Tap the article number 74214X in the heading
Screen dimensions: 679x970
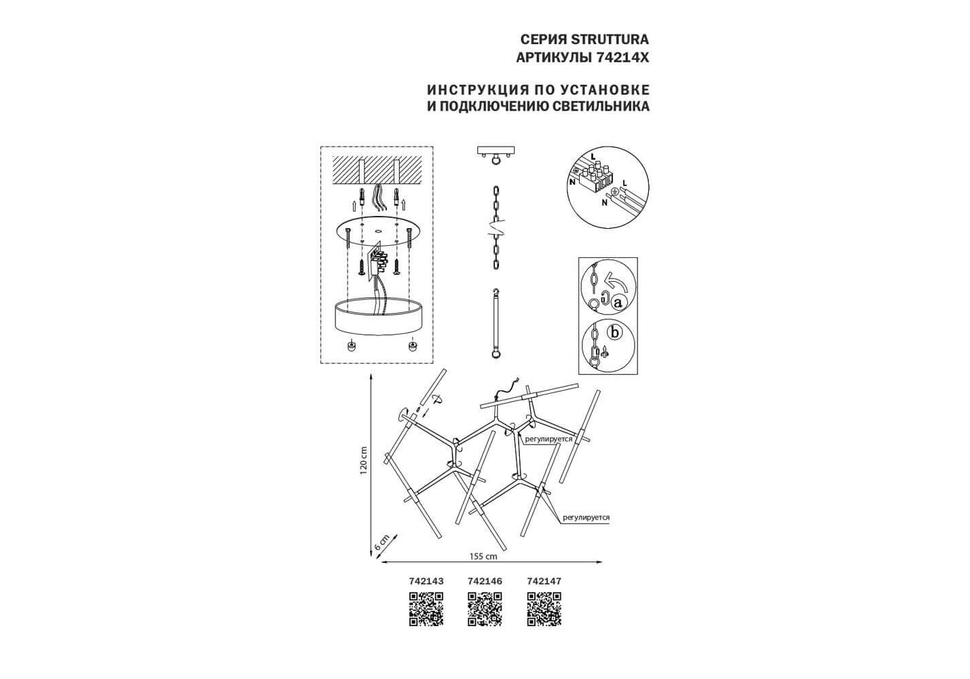622,58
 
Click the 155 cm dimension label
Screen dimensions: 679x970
483,555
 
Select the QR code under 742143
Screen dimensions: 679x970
426,608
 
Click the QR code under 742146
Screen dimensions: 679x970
485,608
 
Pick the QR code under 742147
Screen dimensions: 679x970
544,608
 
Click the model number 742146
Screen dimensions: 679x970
485,581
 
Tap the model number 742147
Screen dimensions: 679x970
544,581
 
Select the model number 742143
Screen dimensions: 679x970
426,581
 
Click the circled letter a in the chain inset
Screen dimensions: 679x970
618,304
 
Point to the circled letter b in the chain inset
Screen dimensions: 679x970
614,333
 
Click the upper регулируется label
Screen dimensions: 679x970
548,439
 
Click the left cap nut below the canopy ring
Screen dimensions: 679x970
352,346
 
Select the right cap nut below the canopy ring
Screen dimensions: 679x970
411,346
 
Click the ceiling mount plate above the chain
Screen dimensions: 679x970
498,150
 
